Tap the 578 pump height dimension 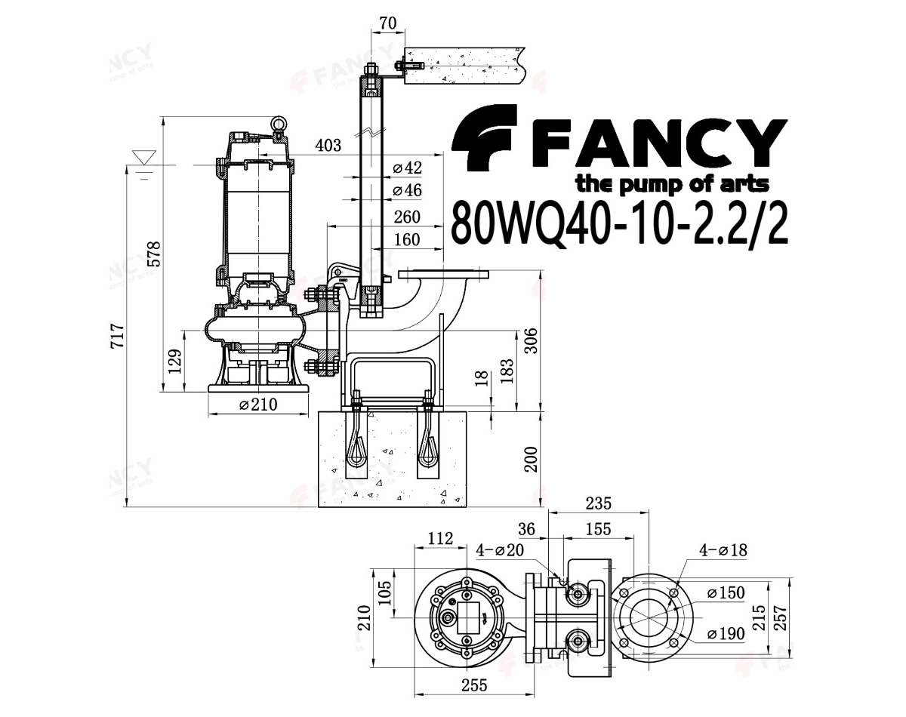pyautogui.click(x=155, y=254)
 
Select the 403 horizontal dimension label pyautogui.click(x=328, y=145)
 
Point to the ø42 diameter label pyautogui.click(x=407, y=168)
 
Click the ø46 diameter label pyautogui.click(x=407, y=190)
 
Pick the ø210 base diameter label pyautogui.click(x=258, y=405)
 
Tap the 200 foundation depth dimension pyautogui.click(x=532, y=460)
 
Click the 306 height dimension pyautogui.click(x=532, y=340)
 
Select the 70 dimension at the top pyautogui.click(x=388, y=23)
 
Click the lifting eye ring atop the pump pyautogui.click(x=277, y=122)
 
